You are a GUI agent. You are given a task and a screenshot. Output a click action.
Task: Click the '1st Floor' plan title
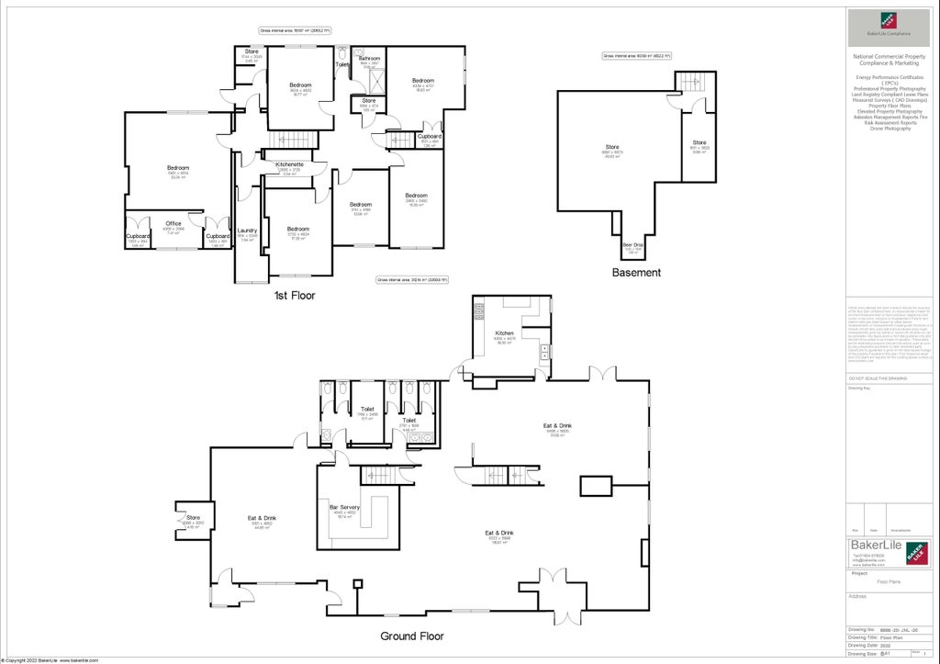point(294,297)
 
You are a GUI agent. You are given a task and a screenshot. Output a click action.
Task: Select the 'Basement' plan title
point(636,273)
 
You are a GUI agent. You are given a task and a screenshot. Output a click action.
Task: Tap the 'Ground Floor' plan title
point(412,636)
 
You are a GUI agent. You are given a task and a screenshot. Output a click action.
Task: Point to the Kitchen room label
point(505,333)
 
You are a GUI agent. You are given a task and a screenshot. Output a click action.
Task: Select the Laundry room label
point(246,231)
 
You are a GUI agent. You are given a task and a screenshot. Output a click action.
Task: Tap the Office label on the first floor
point(173,223)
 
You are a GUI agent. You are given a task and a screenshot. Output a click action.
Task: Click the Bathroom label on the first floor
point(370,59)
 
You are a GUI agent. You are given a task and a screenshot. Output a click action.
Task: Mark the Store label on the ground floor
point(193,518)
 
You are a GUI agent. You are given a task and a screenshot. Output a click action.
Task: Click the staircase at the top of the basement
point(695,82)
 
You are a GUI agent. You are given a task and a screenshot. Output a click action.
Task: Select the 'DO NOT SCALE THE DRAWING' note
point(878,377)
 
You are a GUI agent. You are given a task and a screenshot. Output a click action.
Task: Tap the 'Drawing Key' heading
point(859,388)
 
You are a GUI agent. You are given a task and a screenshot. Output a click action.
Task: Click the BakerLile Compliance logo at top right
point(889,25)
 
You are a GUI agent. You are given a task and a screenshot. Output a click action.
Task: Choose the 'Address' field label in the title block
point(859,595)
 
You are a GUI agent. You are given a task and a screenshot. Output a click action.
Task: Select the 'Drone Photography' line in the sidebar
point(889,129)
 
